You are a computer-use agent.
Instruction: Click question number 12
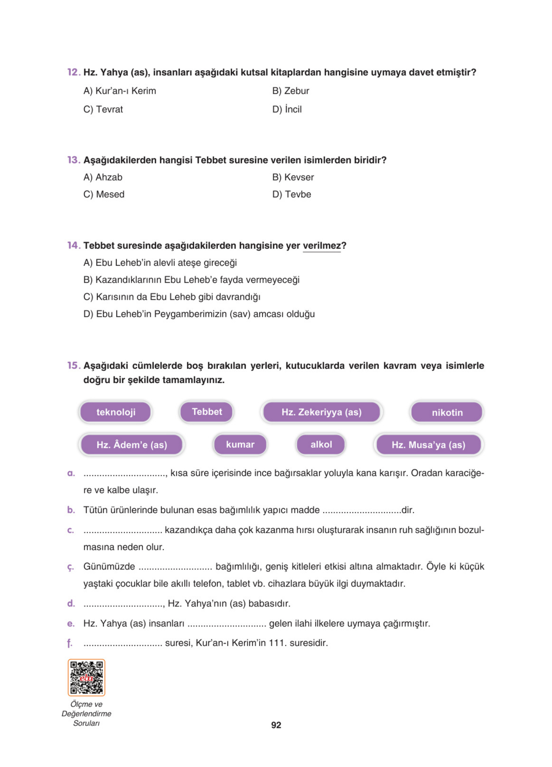pyautogui.click(x=73, y=72)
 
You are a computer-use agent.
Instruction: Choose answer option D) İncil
pyautogui.click(x=287, y=109)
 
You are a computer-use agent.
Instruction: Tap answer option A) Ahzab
pyautogui.click(x=103, y=177)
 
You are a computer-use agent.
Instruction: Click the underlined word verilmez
pyautogui.click(x=321, y=246)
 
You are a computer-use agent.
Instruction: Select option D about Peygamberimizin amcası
pyautogui.click(x=199, y=314)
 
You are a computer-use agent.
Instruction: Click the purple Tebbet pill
pyautogui.click(x=207, y=412)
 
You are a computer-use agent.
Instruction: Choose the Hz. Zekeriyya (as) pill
pyautogui.click(x=321, y=412)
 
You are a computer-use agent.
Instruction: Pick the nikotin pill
pyautogui.click(x=447, y=412)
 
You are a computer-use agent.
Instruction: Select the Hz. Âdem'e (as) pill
pyautogui.click(x=132, y=444)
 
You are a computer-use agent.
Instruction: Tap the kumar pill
pyautogui.click(x=240, y=444)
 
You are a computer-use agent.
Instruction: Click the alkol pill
pyautogui.click(x=321, y=444)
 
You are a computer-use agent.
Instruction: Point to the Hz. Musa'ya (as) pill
pyautogui.click(x=428, y=444)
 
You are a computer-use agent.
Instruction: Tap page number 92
pyautogui.click(x=276, y=725)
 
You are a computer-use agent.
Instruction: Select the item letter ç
pyautogui.click(x=70, y=567)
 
